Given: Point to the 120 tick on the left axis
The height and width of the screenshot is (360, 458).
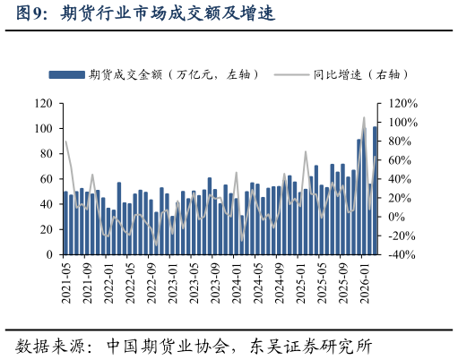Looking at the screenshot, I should click(44, 104).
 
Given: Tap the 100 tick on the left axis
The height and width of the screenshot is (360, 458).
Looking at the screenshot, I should click(44, 129).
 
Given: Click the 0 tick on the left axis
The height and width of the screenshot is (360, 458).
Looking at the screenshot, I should click(50, 254).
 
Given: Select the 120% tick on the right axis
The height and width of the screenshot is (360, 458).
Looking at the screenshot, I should click(398, 104).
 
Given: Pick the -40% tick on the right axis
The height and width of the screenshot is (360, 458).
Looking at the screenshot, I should click(397, 254).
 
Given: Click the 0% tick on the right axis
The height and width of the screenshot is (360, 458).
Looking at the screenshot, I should click(393, 217).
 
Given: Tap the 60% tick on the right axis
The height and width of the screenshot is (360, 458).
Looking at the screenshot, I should click(395, 160).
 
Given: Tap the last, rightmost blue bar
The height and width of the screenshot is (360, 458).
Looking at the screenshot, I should click(375, 191).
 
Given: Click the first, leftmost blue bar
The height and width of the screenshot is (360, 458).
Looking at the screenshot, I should click(65, 223).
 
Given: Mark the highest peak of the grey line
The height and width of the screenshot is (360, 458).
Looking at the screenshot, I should click(364, 117).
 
